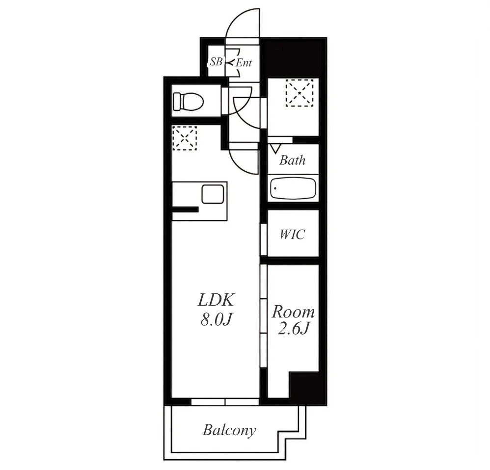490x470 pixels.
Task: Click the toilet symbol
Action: tap(188, 101)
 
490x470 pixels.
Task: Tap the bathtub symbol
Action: tap(293, 188)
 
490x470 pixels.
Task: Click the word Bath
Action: tap(292, 160)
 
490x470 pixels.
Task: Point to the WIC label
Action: tap(292, 234)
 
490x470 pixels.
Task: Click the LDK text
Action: tap(216, 300)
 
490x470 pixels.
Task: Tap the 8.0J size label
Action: tap(216, 319)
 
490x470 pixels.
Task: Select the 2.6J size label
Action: tap(294, 329)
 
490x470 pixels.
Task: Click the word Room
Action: tap(293, 312)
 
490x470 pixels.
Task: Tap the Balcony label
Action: tap(229, 430)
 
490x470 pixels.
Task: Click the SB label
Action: tap(216, 62)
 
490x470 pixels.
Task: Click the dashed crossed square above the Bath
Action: tap(299, 93)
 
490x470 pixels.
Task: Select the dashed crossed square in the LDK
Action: tap(185, 138)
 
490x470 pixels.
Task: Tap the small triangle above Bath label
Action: tap(275, 148)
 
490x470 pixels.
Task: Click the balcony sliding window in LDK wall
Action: tap(225, 402)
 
